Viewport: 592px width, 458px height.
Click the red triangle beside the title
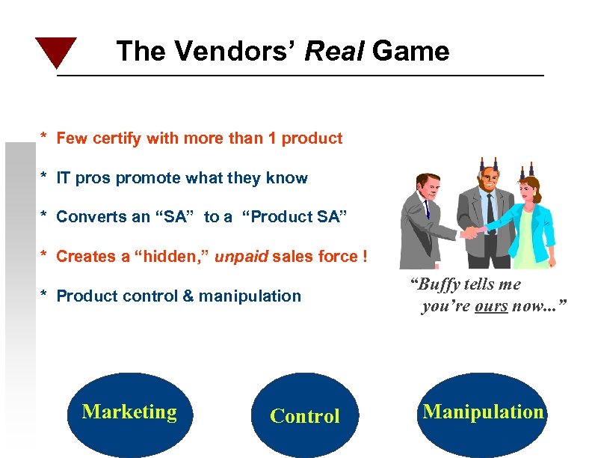[56, 49]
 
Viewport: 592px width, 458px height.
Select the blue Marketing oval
[129, 414]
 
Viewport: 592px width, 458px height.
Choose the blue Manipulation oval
[484, 414]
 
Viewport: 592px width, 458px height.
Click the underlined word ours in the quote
[491, 306]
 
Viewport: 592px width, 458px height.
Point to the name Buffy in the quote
[440, 284]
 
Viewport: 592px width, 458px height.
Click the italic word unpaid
[241, 257]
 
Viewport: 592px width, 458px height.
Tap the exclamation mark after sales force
[364, 257]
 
